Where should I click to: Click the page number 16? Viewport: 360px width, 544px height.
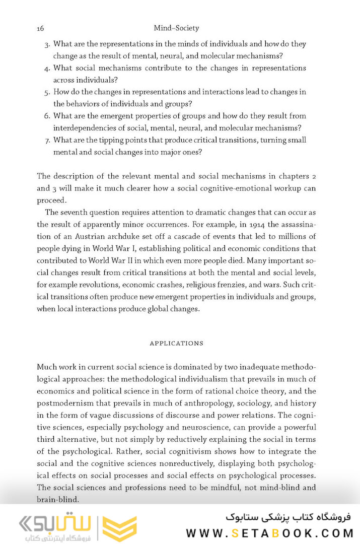pyautogui.click(x=41, y=29)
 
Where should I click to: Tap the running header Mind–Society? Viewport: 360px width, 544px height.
pyautogui.click(x=176, y=29)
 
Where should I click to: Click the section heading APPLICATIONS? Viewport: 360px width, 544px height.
pyautogui.click(x=176, y=343)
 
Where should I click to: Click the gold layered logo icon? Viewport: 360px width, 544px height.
pyautogui.click(x=119, y=528)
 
